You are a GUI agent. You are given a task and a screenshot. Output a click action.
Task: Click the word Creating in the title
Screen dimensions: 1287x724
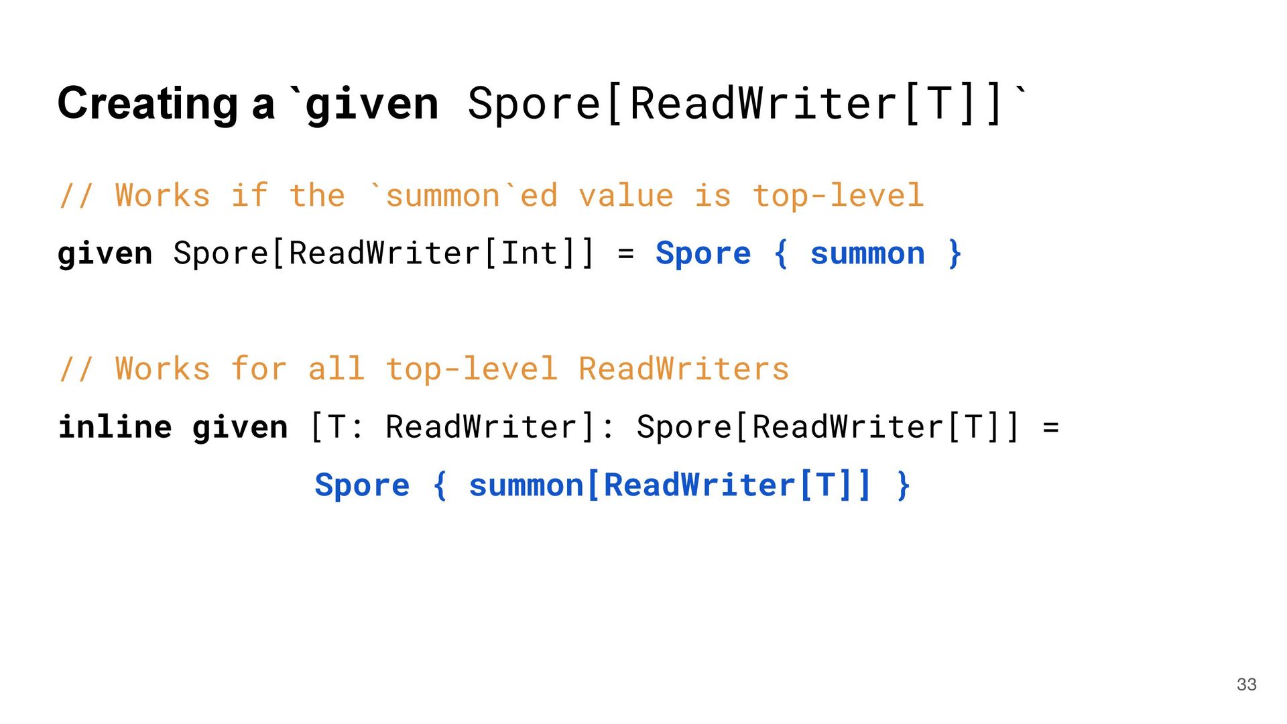pos(147,104)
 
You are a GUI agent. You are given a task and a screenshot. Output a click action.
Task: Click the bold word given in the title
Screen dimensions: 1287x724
pos(372,104)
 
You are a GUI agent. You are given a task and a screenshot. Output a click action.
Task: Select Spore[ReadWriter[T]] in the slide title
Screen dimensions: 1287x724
pos(735,104)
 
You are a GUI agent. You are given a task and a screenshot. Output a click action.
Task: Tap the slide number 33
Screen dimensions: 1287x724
pos(1246,684)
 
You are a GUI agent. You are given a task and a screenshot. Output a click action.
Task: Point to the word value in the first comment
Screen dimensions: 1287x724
pos(625,196)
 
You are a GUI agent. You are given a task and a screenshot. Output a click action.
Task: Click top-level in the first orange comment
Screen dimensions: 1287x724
pos(838,196)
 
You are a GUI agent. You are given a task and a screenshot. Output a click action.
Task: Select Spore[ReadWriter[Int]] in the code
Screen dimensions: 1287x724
pos(383,253)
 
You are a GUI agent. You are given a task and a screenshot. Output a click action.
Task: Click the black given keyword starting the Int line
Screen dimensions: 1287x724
pos(105,253)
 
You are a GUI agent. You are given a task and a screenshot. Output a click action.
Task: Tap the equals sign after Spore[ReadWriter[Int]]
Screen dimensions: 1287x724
pos(625,253)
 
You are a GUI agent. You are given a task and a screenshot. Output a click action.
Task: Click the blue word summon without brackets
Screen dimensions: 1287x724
pos(867,253)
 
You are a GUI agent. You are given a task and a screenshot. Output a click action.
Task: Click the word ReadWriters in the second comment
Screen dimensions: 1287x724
pos(684,369)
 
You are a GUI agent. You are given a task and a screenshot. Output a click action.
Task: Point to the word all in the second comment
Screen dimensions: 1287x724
pos(336,369)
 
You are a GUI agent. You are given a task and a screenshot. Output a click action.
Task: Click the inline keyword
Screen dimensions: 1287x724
pos(115,427)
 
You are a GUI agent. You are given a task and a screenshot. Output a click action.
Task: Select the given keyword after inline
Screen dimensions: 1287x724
pos(240,427)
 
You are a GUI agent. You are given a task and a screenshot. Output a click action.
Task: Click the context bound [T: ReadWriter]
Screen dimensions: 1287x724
pos(463,427)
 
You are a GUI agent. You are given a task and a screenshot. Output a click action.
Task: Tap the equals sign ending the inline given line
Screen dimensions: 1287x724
pos(1050,427)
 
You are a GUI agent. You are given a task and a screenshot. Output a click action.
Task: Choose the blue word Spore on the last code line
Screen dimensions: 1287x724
pos(362,485)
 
